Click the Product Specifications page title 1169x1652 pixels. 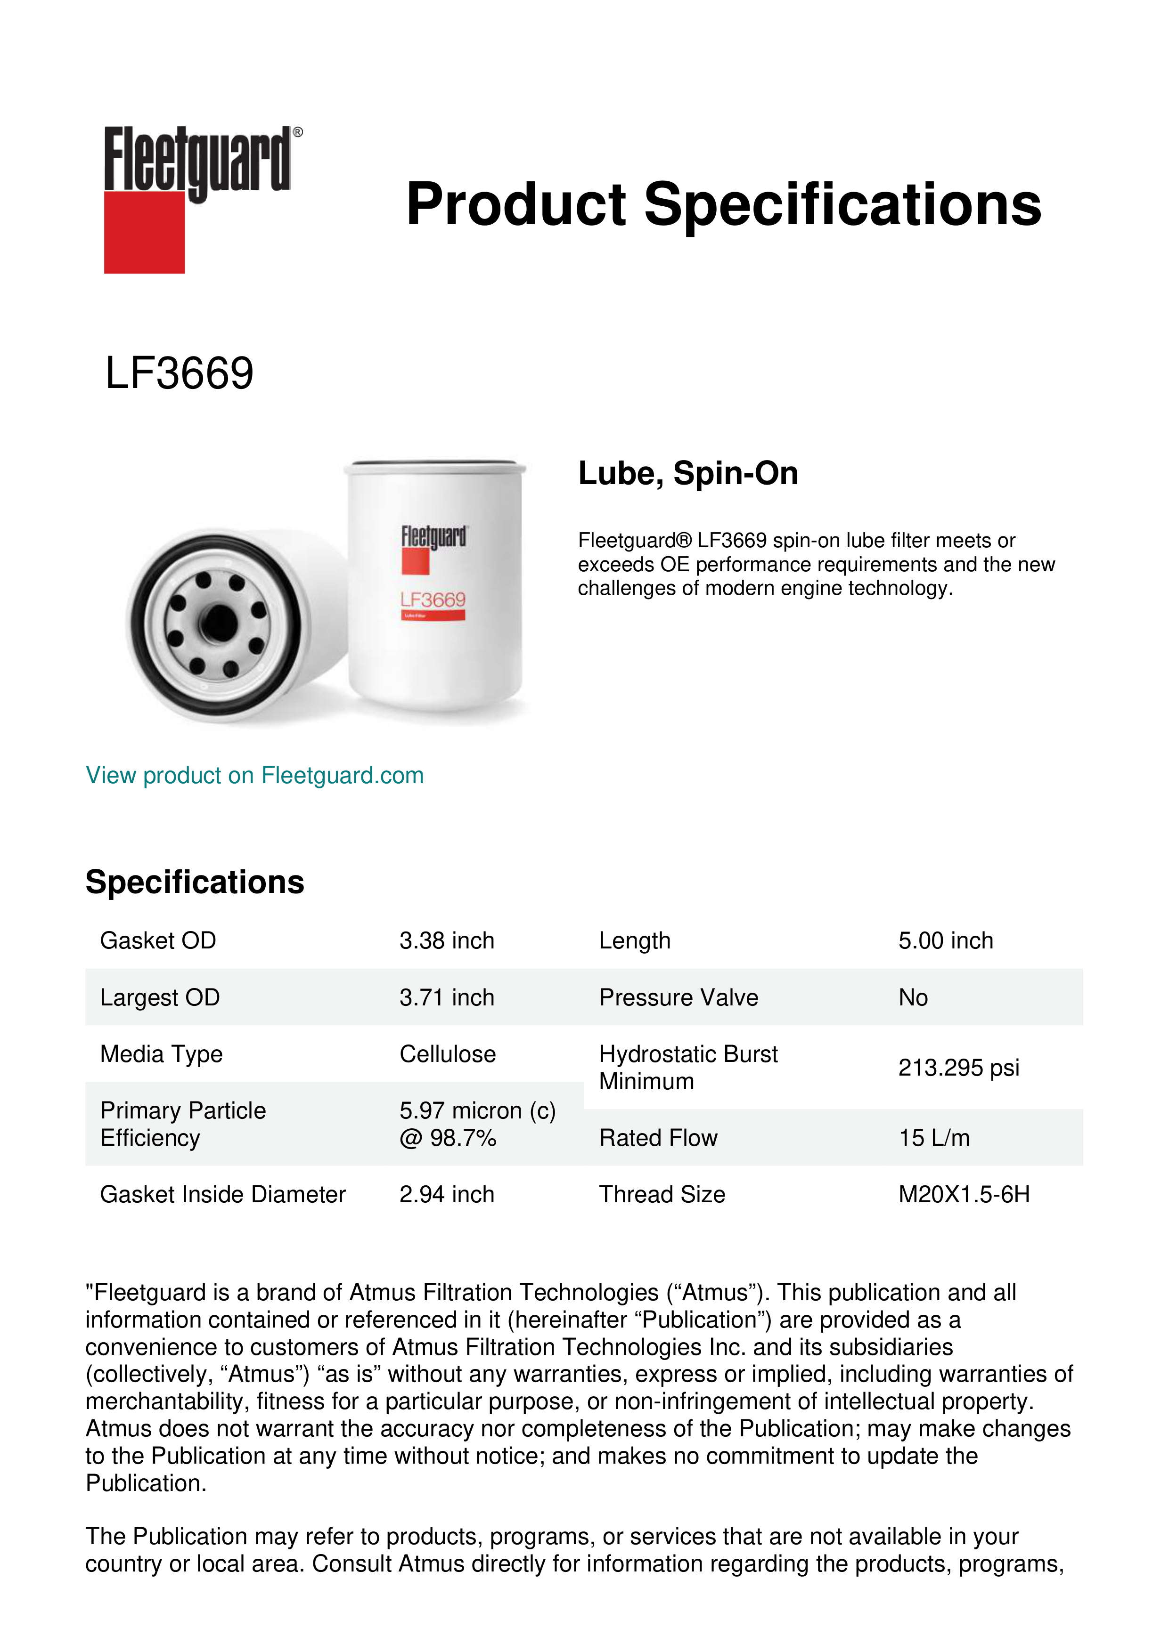pos(723,204)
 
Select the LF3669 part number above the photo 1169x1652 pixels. pos(179,373)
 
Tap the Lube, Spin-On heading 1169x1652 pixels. pos(687,473)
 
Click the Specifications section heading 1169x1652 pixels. pos(194,882)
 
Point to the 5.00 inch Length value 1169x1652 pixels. pos(945,940)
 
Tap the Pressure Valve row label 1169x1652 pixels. pos(678,997)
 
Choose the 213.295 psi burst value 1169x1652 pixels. pos(958,1068)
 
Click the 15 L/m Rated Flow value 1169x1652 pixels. pos(933,1138)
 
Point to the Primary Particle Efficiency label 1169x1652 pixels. pos(183,1124)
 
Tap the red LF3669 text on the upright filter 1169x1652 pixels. pos(433,599)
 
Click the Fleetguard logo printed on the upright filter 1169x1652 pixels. pos(433,537)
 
